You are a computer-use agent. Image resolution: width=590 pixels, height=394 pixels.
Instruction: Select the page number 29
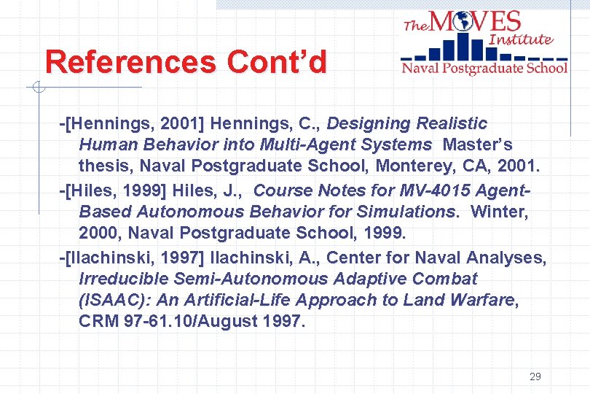point(535,376)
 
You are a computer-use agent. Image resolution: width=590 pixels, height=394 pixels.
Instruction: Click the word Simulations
point(409,212)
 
